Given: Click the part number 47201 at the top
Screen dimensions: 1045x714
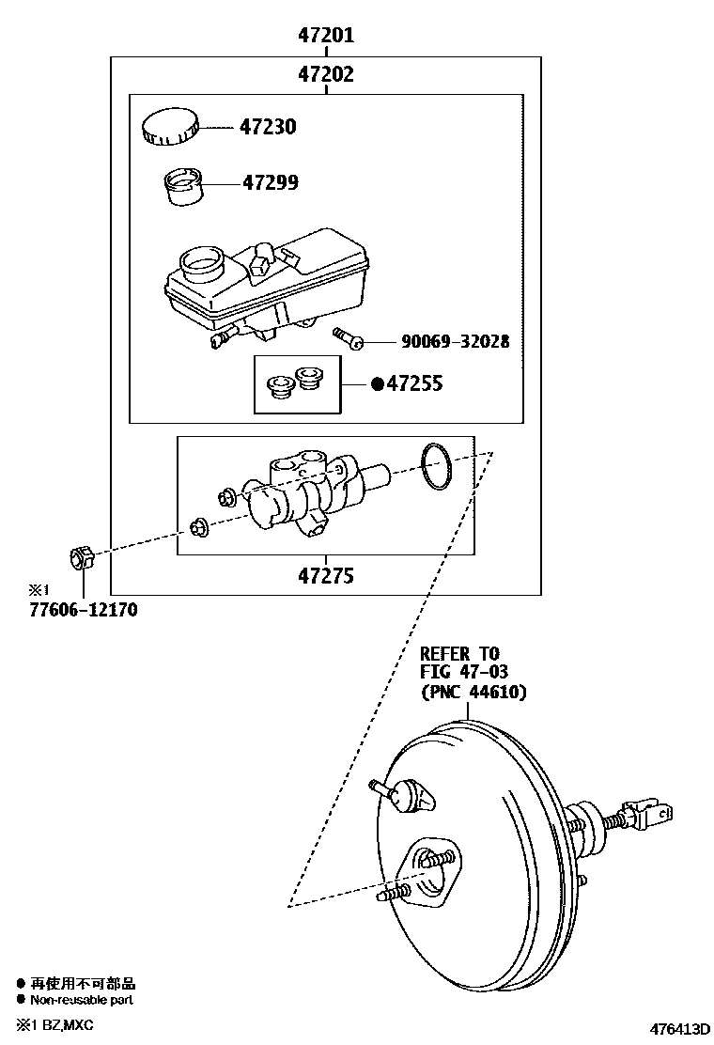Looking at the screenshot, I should click(326, 36).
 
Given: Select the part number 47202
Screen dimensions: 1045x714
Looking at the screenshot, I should click(326, 74).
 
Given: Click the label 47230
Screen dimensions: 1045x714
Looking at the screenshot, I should click(267, 127).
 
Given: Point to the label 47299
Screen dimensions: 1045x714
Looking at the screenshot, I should click(270, 183).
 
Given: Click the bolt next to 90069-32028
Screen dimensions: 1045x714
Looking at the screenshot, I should click(349, 339).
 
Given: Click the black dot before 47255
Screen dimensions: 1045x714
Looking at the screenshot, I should click(378, 383).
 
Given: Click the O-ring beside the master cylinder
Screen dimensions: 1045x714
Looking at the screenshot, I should click(436, 467).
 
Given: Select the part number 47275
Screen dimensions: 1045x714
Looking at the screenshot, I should click(326, 576).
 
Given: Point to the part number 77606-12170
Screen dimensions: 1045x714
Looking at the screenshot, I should click(83, 611).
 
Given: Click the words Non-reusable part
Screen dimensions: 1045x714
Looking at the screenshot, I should click(82, 1000).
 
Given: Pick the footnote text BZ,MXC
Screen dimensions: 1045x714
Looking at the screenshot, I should click(65, 1023).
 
